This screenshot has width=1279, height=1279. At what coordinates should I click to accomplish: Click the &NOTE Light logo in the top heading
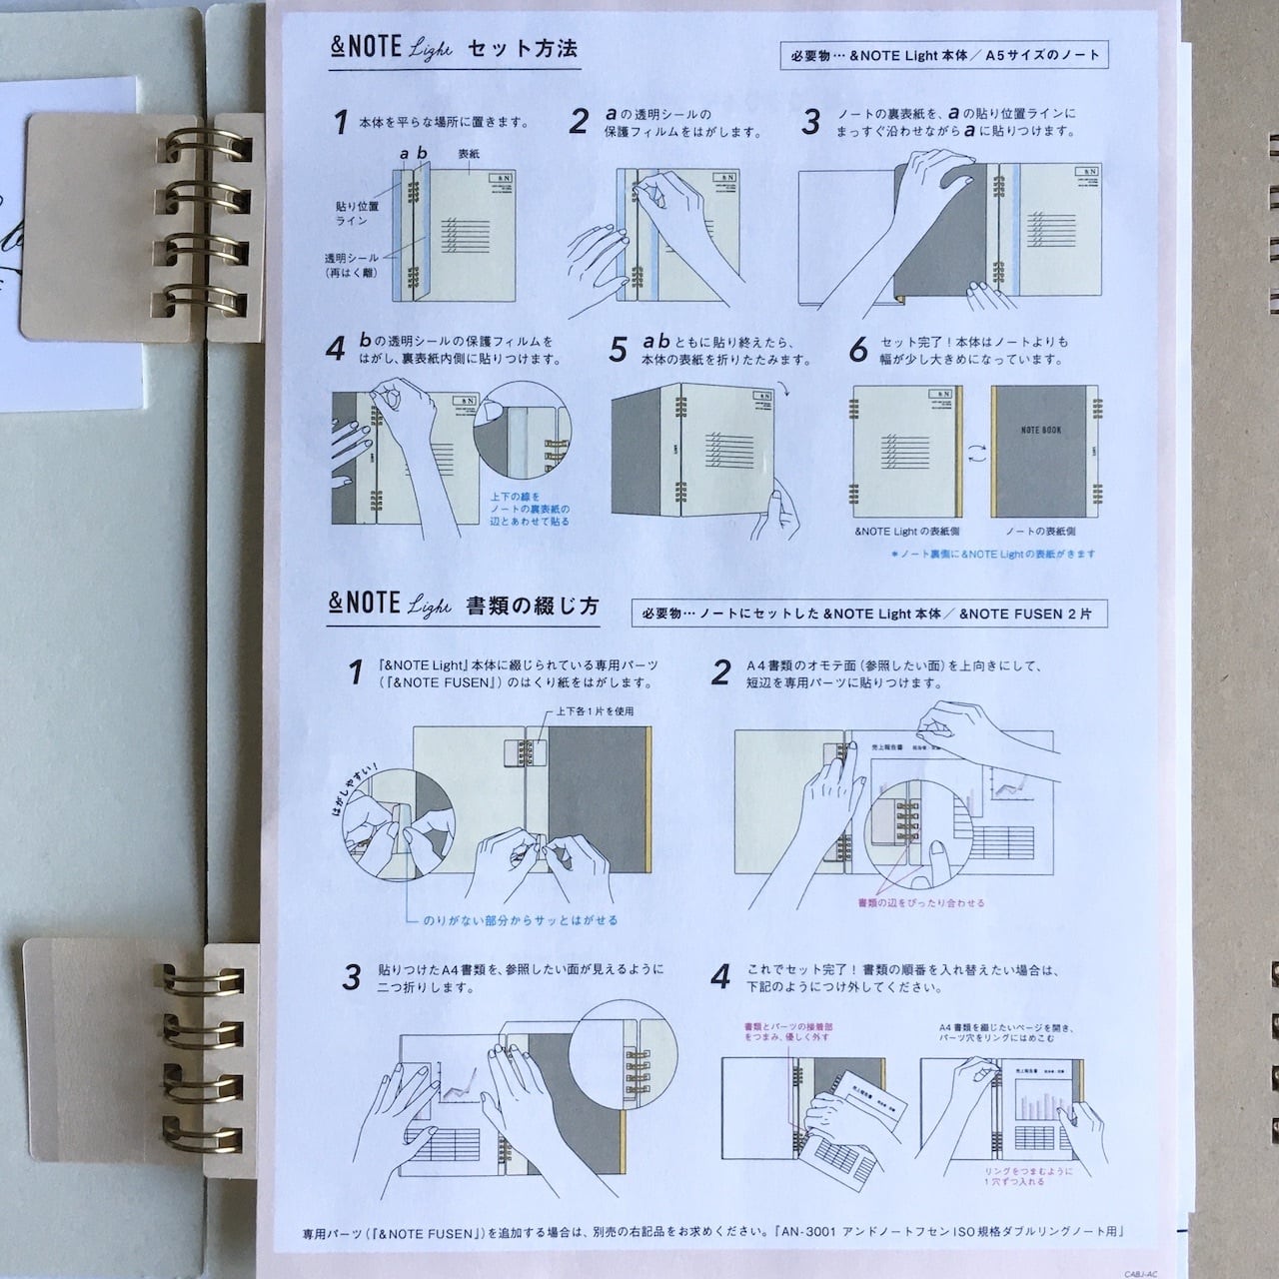(392, 48)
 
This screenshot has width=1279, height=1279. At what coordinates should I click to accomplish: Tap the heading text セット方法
(523, 48)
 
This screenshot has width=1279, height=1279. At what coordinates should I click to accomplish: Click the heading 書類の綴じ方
(533, 606)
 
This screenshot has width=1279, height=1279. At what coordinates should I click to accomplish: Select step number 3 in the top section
(811, 122)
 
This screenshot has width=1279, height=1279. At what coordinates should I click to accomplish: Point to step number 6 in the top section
(858, 350)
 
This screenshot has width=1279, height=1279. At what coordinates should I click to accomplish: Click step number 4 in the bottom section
(720, 976)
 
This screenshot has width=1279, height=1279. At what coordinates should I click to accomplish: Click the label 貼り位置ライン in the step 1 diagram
(357, 212)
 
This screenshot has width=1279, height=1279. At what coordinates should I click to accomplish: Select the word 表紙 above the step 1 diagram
(469, 155)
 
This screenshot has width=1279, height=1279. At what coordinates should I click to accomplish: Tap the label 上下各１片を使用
(596, 711)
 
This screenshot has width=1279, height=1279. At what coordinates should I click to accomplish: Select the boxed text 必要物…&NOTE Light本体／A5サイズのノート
(944, 55)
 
